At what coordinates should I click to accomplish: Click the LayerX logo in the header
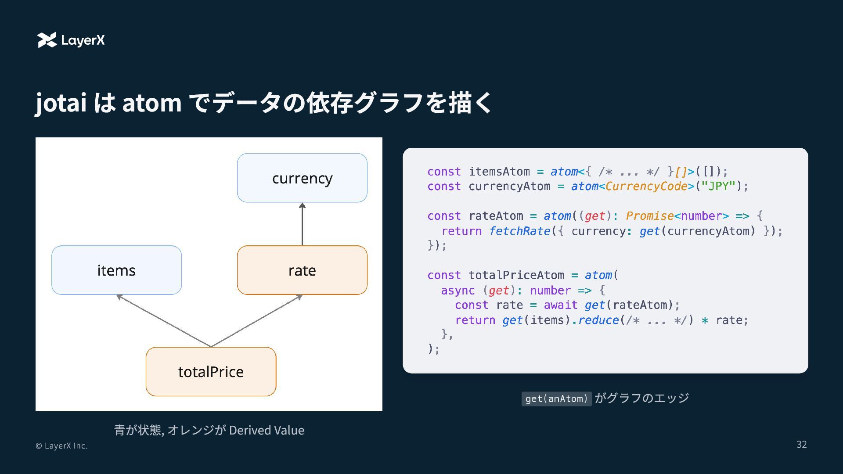tap(71, 40)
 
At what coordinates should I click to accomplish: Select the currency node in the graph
tap(302, 178)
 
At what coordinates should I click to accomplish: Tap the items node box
tap(116, 270)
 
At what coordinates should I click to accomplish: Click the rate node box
tap(302, 270)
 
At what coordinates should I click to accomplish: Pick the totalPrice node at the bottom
tap(211, 372)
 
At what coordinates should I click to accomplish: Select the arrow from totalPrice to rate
tap(257, 321)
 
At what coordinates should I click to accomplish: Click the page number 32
tap(801, 445)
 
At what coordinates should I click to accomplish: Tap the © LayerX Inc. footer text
tap(61, 446)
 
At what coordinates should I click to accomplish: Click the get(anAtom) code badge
tap(556, 399)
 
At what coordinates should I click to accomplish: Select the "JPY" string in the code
tap(718, 186)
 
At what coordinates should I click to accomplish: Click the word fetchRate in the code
tap(519, 231)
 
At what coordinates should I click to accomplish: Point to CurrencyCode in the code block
tap(646, 186)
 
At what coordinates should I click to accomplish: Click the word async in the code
tap(458, 291)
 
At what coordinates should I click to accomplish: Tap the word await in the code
tap(560, 305)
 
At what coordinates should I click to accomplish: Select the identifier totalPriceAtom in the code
tap(516, 275)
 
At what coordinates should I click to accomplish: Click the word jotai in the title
tap(61, 103)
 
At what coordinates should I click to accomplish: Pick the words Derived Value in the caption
tap(267, 430)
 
